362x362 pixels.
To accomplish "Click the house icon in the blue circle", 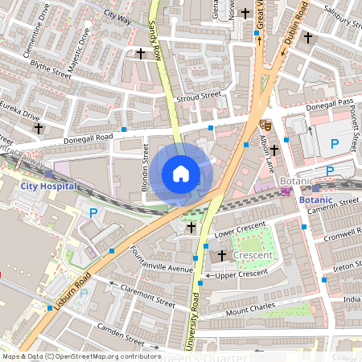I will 181,174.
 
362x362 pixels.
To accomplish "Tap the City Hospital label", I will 48,186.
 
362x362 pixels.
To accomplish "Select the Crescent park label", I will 253,255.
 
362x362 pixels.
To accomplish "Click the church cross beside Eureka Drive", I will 37,128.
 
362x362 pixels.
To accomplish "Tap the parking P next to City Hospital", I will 93,213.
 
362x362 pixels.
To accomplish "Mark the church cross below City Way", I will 141,53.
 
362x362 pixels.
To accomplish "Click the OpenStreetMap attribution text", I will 81,356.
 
